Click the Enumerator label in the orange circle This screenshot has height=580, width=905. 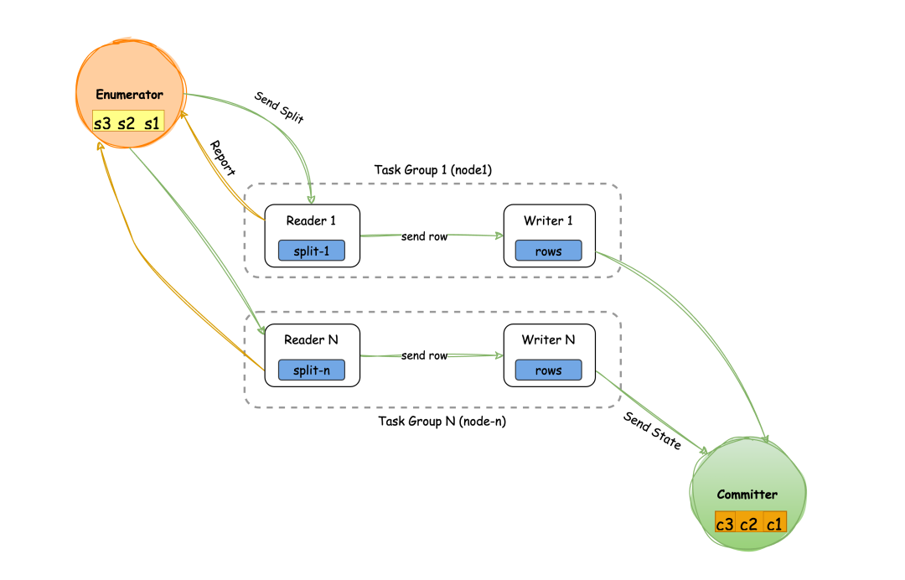[x=129, y=95]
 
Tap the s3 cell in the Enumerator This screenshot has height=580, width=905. [x=102, y=122]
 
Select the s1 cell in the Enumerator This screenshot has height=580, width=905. [x=152, y=122]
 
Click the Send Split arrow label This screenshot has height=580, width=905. [x=279, y=106]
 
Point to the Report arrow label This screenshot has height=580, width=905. [x=222, y=158]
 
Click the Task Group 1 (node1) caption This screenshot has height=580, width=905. [x=432, y=170]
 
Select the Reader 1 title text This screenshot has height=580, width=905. [x=312, y=221]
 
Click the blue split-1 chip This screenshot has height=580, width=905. [x=312, y=251]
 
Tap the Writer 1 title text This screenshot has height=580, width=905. [x=548, y=221]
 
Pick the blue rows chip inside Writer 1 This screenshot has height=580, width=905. [x=548, y=251]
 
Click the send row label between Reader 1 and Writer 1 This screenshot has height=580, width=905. [x=424, y=236]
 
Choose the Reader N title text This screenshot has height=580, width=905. [x=312, y=340]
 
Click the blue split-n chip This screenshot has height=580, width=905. [x=312, y=370]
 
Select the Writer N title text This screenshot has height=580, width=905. [x=548, y=340]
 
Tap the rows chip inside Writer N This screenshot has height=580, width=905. [x=548, y=370]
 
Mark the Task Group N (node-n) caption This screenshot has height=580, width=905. [x=442, y=422]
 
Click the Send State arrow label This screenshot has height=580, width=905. [x=652, y=431]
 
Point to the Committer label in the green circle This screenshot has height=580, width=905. [x=747, y=495]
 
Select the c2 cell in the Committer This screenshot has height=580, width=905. [x=748, y=524]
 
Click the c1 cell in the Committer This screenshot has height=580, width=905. [x=774, y=524]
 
